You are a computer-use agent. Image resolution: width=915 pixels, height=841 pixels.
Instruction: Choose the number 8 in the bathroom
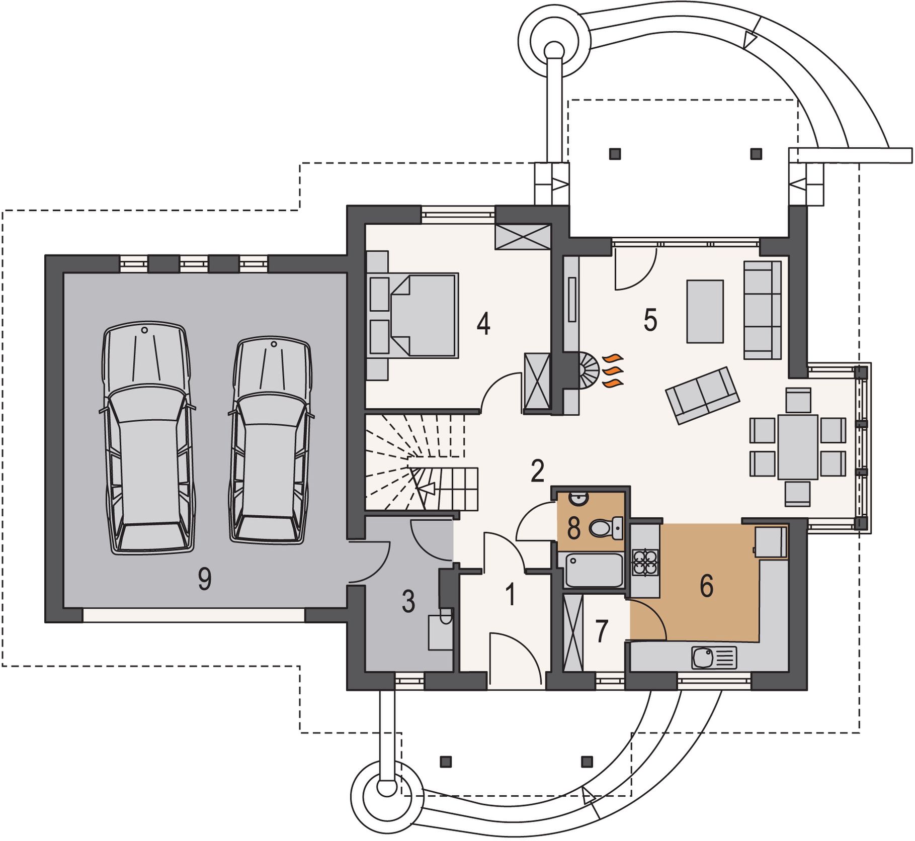574,528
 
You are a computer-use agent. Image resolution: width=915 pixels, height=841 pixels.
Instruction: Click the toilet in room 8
606,528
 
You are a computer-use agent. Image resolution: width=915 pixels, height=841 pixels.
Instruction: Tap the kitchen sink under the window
714,658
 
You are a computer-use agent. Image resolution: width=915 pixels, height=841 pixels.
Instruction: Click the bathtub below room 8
594,570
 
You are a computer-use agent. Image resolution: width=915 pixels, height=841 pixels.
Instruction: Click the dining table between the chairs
797,446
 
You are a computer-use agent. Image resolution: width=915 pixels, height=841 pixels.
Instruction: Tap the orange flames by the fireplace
613,371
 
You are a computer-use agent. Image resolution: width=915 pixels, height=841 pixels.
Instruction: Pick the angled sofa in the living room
702,395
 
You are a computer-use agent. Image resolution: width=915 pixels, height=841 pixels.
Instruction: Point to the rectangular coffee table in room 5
705,312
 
